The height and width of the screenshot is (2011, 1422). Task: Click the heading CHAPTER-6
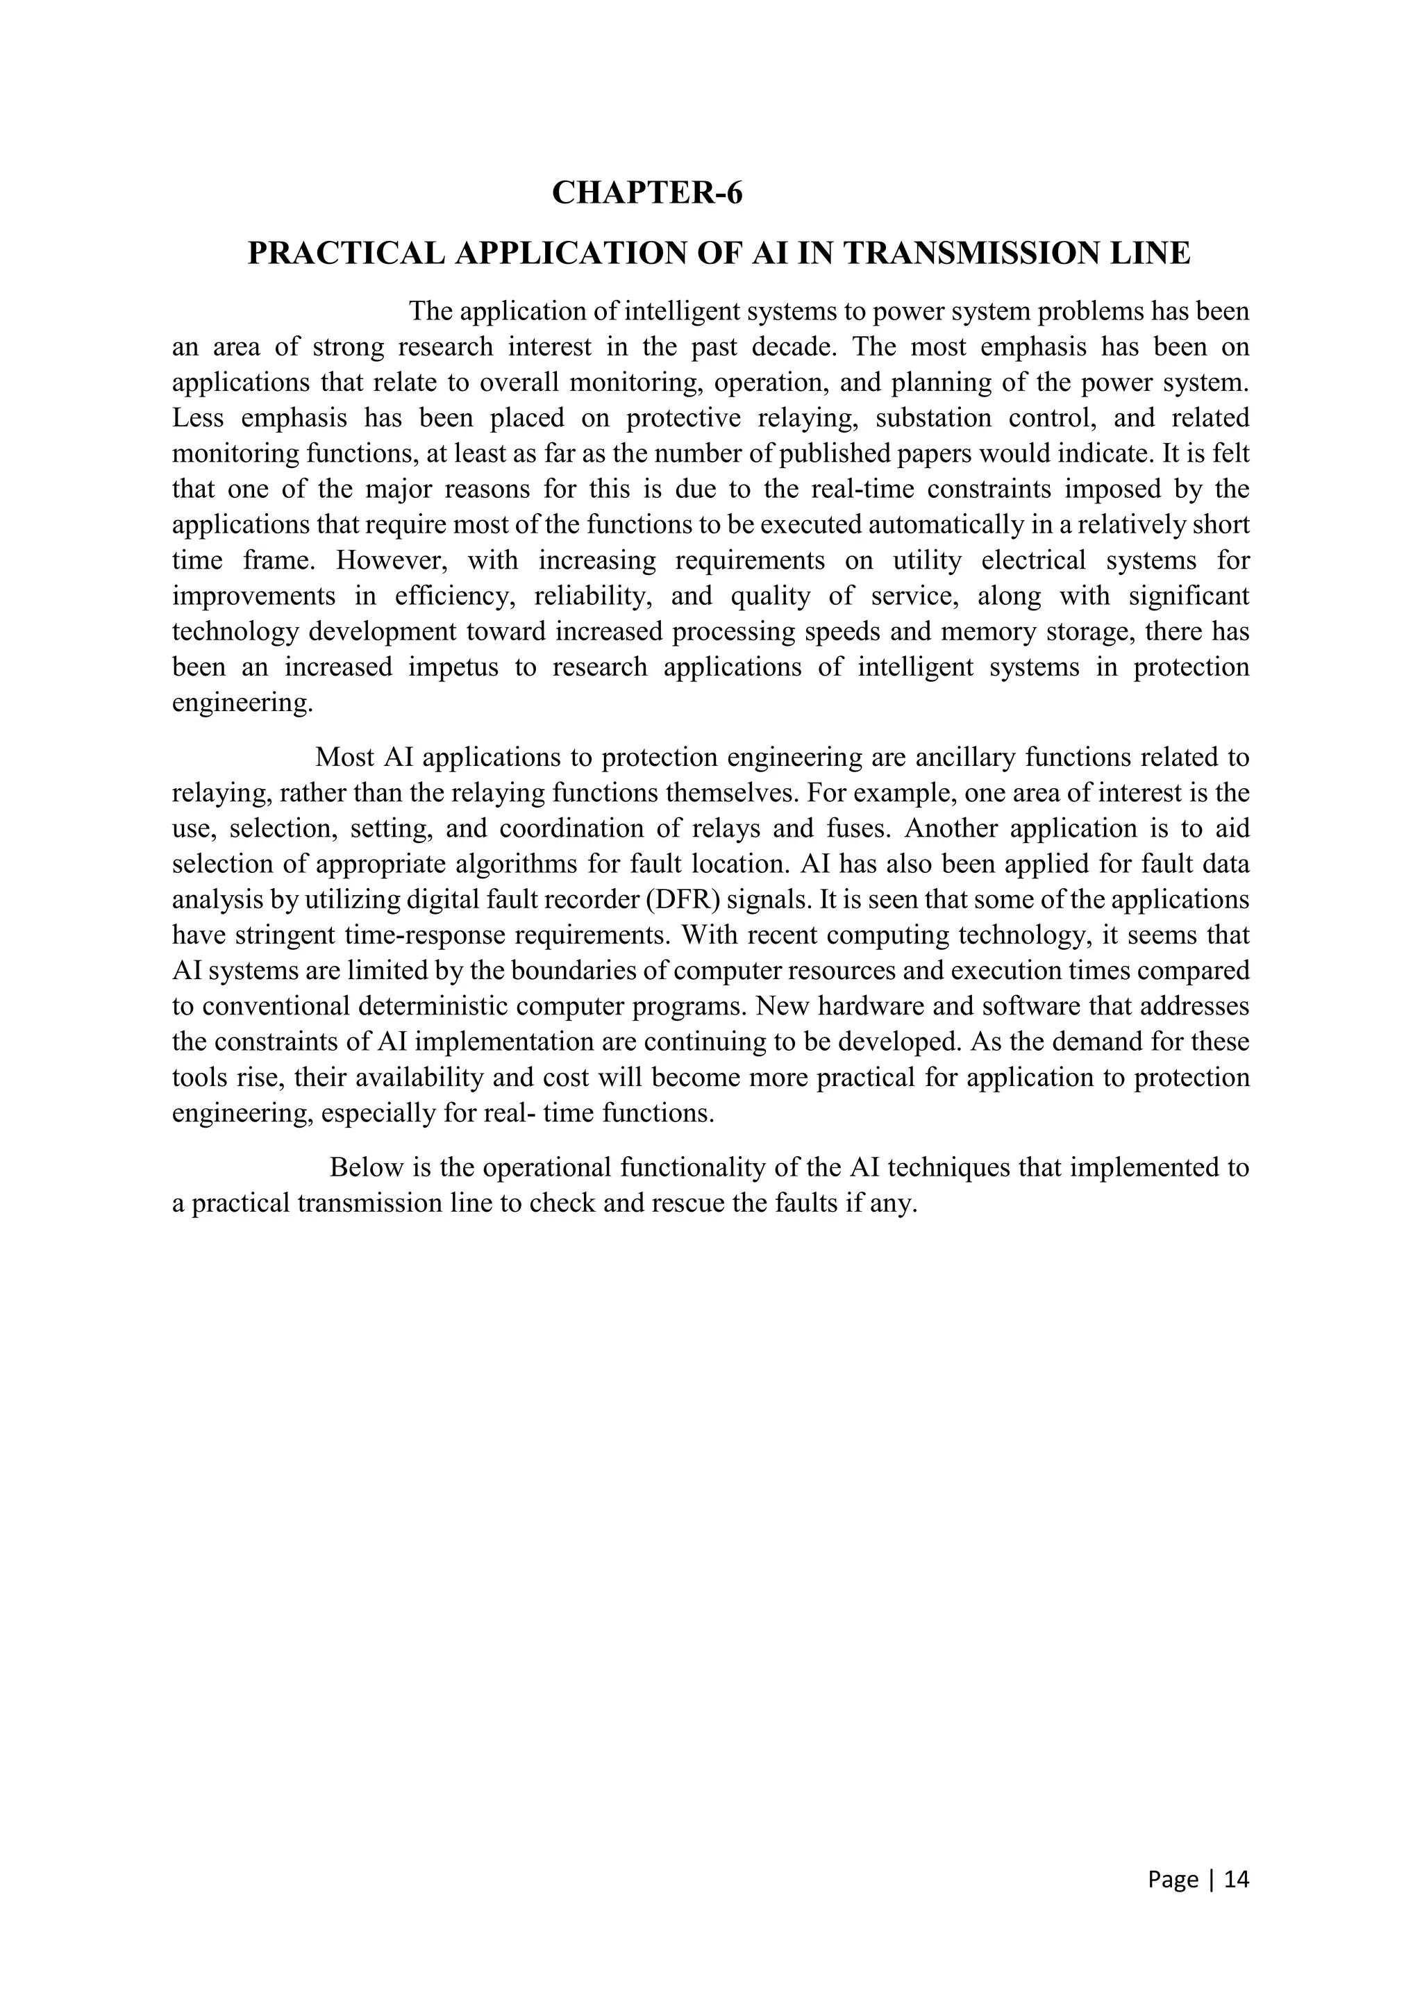(646, 192)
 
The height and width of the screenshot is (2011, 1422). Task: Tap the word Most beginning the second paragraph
(345, 757)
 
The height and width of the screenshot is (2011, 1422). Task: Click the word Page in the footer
(1173, 1879)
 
